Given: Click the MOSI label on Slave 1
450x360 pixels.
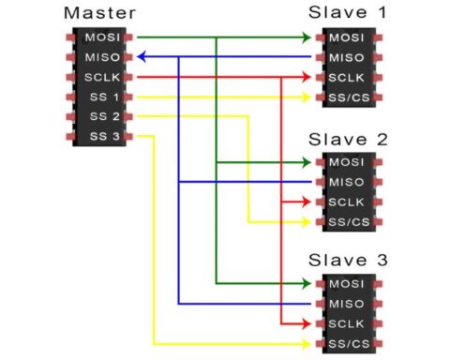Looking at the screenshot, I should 346,37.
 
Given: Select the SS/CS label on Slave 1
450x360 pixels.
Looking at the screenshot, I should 346,97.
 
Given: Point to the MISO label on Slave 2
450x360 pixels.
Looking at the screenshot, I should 346,181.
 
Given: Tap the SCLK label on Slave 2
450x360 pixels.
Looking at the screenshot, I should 346,202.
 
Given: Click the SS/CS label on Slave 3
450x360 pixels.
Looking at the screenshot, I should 346,344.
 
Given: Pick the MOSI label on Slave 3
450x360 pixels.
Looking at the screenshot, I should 346,283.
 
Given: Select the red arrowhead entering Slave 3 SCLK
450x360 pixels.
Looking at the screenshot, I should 306,323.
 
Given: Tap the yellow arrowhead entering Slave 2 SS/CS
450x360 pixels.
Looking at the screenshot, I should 306,222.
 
